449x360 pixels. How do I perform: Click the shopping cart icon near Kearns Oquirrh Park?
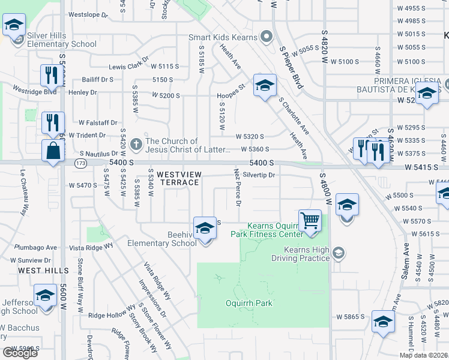[x=310, y=220]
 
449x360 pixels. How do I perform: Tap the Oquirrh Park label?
[x=249, y=303]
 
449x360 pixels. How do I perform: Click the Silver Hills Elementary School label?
[x=62, y=40]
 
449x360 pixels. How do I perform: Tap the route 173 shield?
[x=80, y=163]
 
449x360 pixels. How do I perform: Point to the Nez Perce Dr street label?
[x=237, y=188]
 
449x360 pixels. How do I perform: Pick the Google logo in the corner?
[x=20, y=353]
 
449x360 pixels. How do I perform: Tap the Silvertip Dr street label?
[x=258, y=175]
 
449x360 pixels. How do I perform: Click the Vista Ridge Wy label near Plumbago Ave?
[x=91, y=247]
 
